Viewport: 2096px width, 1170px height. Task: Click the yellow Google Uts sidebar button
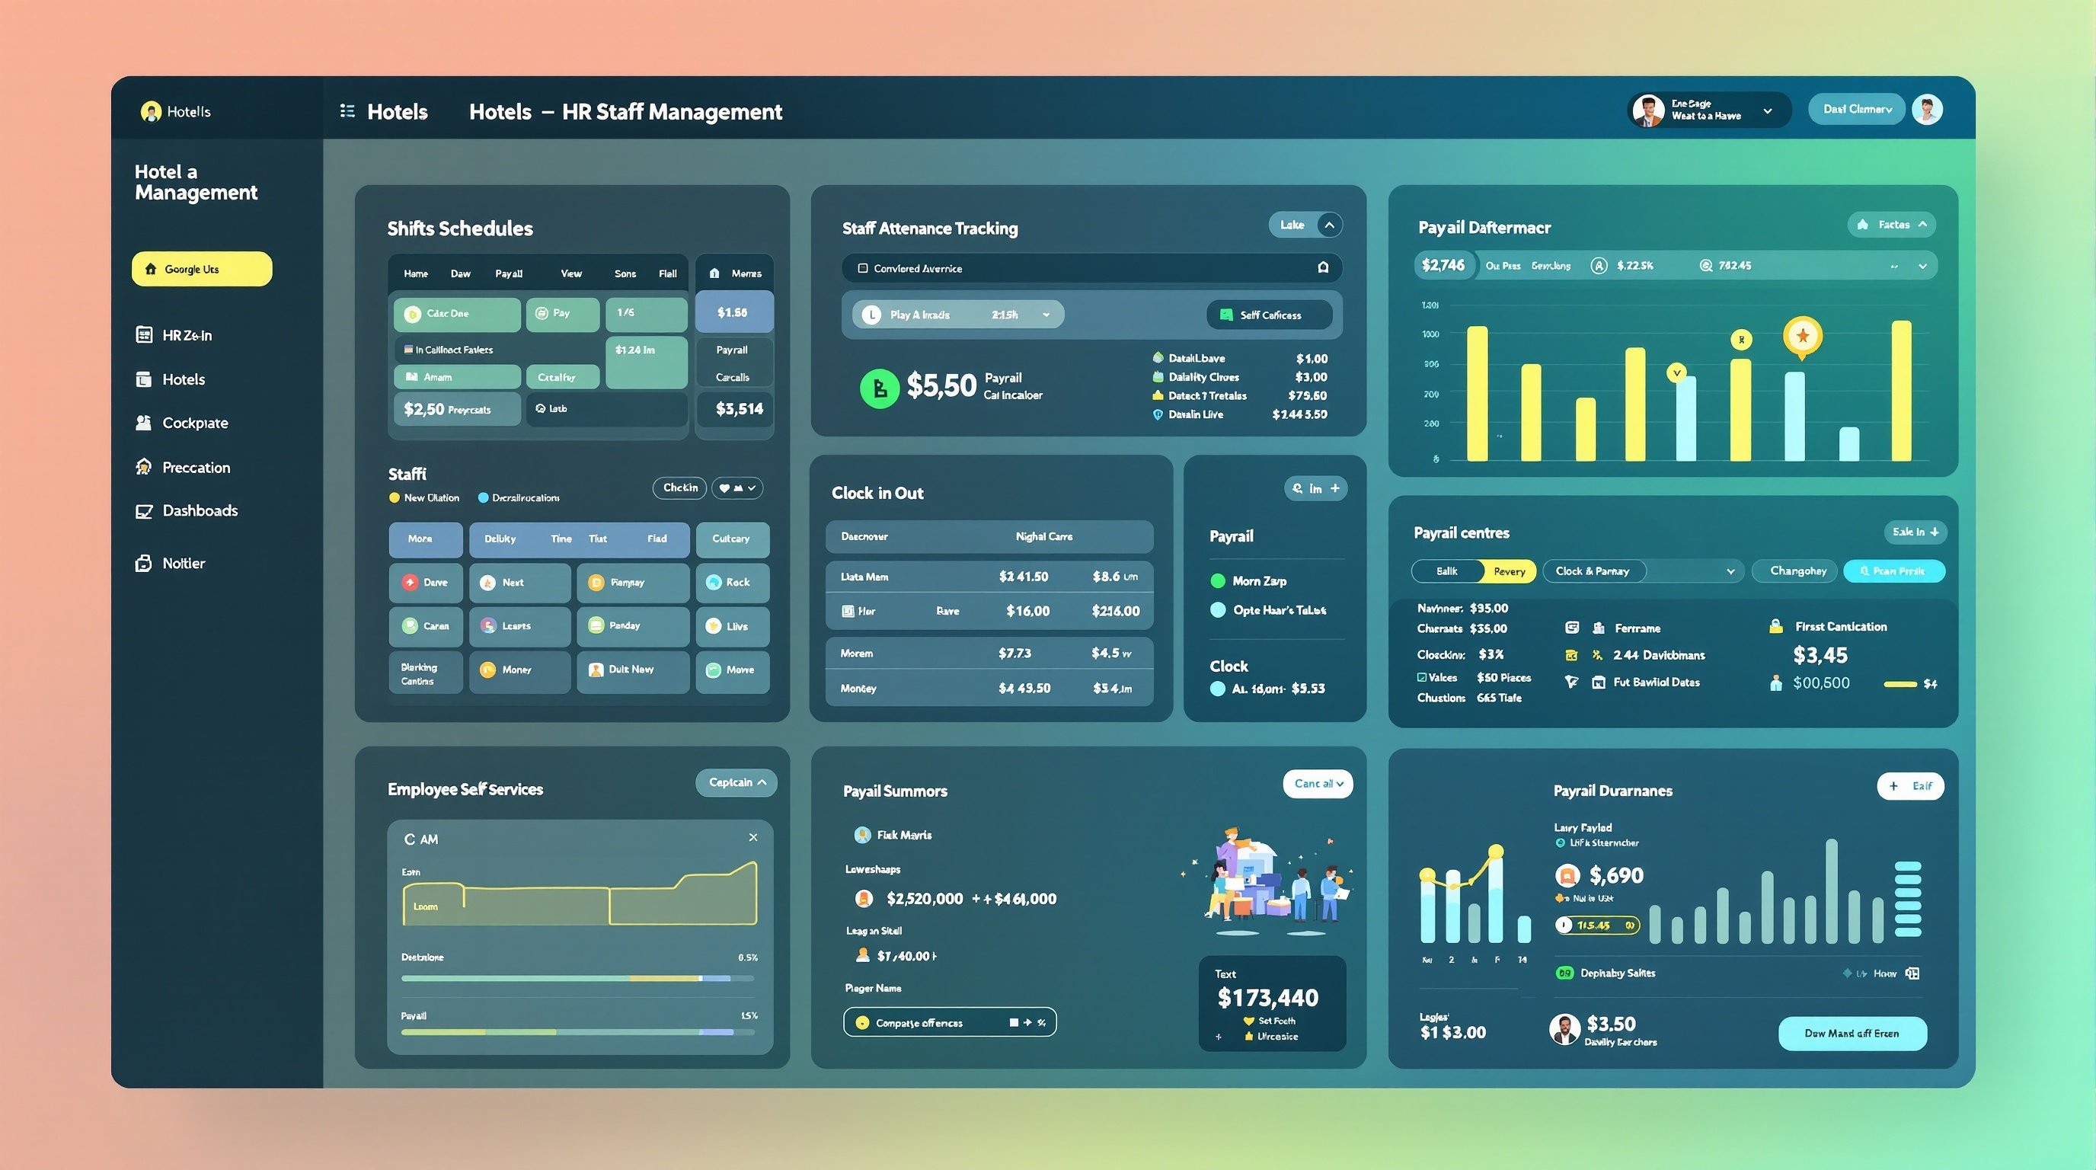click(202, 268)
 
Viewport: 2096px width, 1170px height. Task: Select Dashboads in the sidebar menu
click(200, 511)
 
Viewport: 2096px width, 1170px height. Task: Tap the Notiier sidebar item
click(183, 563)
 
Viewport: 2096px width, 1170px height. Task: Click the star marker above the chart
click(1802, 335)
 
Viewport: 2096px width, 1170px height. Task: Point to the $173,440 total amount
click(1267, 998)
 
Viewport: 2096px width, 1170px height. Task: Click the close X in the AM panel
click(752, 837)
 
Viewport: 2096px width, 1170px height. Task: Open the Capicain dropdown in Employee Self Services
click(736, 783)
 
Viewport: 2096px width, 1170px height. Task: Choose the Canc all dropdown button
click(1318, 784)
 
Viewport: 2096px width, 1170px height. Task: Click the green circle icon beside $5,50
click(879, 388)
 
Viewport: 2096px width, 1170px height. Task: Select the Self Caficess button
click(1270, 315)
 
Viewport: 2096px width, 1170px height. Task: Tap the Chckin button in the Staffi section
click(679, 488)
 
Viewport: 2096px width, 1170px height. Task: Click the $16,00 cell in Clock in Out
click(1027, 611)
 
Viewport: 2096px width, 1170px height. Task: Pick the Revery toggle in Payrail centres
click(1510, 571)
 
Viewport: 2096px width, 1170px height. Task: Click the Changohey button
click(1798, 571)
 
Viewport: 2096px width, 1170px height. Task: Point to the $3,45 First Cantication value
click(1820, 655)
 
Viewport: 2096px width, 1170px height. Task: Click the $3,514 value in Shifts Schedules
click(739, 408)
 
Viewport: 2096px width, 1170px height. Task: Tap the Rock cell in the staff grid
click(732, 583)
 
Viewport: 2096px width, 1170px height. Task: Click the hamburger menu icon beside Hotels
click(347, 111)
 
